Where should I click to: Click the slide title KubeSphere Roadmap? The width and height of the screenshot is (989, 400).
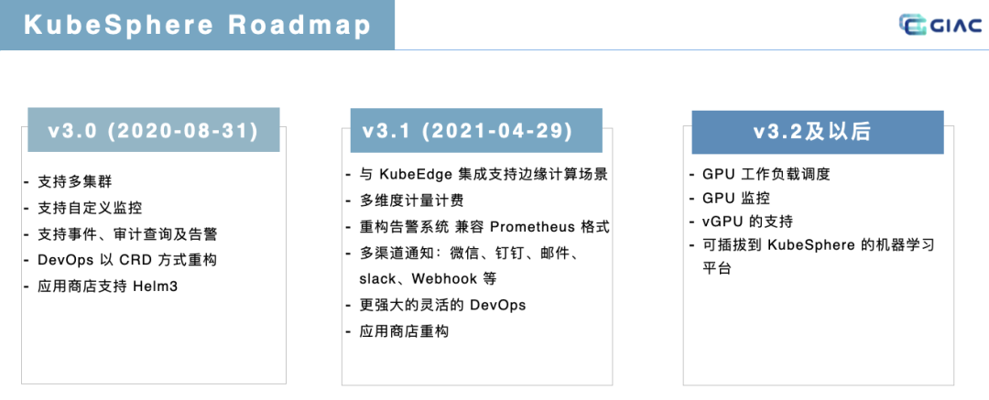[x=197, y=26]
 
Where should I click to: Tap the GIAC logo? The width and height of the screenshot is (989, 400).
[x=940, y=26]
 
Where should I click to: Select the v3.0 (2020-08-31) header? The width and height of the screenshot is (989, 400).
[x=153, y=130]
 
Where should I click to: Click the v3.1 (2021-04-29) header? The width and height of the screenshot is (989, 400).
[x=467, y=130]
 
